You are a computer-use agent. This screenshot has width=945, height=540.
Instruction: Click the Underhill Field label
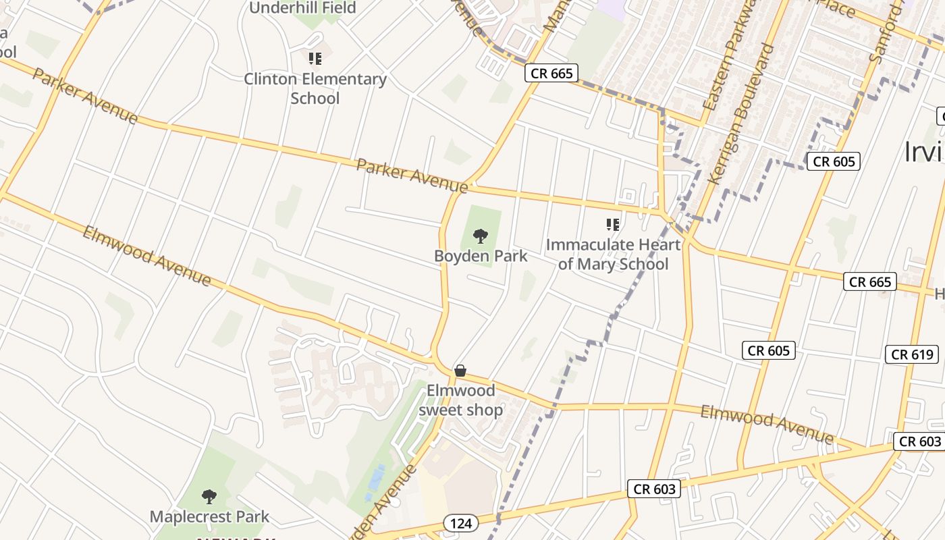tap(302, 7)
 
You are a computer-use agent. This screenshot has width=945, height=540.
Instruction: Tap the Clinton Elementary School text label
tap(315, 88)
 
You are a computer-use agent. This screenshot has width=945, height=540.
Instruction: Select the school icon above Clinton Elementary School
tap(315, 59)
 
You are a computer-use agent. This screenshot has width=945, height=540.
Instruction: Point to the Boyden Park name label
tap(481, 256)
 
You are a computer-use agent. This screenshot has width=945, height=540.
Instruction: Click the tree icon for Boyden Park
tap(481, 236)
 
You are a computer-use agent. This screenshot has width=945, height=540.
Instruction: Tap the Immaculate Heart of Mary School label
tap(613, 254)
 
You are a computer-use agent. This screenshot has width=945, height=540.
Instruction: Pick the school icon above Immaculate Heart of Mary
tap(612, 224)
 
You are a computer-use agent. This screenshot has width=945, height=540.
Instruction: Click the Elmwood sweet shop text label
tap(461, 400)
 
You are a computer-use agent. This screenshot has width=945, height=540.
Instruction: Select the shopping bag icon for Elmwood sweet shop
tap(460, 371)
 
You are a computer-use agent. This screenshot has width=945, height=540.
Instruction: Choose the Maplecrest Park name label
tap(209, 517)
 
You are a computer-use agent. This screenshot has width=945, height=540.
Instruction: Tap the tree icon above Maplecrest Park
tap(209, 497)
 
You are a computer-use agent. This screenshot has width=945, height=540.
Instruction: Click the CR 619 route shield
tap(912, 354)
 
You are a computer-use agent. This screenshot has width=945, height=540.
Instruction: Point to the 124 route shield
tap(461, 522)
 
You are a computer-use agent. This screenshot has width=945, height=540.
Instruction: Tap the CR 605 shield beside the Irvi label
tap(834, 161)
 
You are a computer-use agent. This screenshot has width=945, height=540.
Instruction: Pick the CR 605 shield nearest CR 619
tap(768, 350)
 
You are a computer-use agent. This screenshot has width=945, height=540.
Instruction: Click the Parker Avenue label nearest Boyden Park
tap(412, 175)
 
